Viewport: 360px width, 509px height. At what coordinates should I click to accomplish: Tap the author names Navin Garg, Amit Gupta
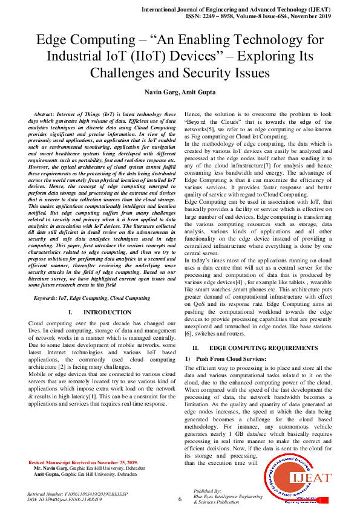point(180,92)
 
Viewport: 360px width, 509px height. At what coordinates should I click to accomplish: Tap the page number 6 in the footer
point(180,499)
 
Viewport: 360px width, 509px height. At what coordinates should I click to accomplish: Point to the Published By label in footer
point(208,491)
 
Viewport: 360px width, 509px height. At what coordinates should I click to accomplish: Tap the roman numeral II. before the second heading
point(195,349)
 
